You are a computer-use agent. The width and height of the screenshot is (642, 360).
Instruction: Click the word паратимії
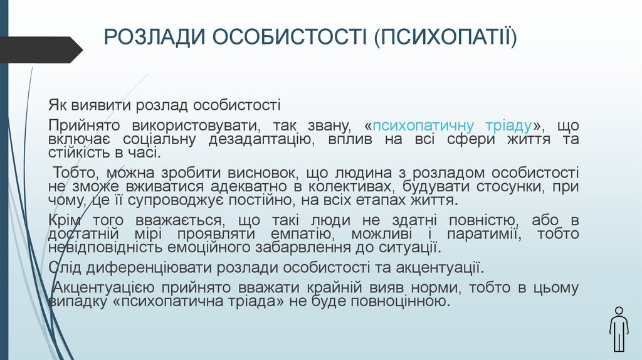[x=477, y=234]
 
